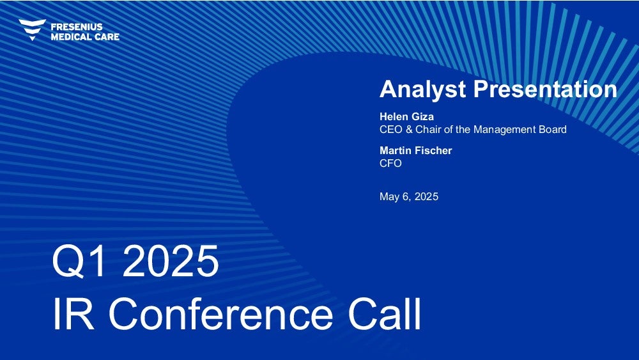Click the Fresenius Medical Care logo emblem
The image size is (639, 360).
point(32,29)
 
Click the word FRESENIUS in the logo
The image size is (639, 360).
point(77,27)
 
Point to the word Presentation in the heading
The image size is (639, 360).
point(545,89)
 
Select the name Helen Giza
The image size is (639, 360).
point(406,116)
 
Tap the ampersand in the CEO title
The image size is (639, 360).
point(409,130)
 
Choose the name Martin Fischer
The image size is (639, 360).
point(416,150)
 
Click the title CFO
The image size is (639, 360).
point(391,164)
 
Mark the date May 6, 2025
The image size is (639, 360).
point(409,197)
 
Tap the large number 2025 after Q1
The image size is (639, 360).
point(171,261)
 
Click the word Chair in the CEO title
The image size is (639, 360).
point(428,130)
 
